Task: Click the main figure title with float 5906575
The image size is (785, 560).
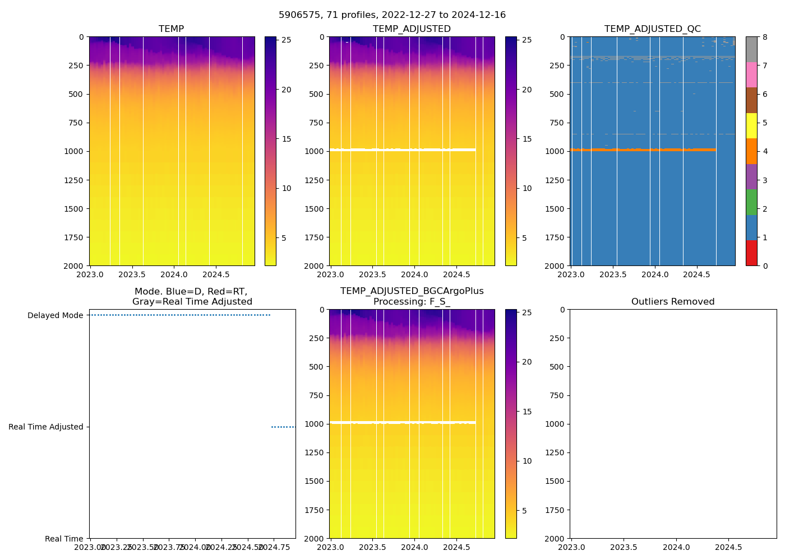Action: click(x=392, y=15)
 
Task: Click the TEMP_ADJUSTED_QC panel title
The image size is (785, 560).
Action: click(x=652, y=29)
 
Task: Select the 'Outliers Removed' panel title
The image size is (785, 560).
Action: click(x=673, y=302)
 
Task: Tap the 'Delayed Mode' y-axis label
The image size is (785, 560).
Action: click(x=55, y=316)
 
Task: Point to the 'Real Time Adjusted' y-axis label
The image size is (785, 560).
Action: click(x=45, y=427)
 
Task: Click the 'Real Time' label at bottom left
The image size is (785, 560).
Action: click(x=64, y=539)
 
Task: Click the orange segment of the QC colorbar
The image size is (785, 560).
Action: click(x=751, y=151)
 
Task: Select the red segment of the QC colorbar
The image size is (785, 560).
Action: click(x=751, y=253)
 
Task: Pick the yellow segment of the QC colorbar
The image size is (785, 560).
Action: click(x=751, y=125)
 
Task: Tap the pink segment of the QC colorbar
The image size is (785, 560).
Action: click(x=751, y=74)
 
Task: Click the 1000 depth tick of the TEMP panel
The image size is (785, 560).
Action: click(x=74, y=152)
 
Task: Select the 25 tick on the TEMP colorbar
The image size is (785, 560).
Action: click(x=286, y=40)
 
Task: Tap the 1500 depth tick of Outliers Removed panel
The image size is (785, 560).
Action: click(x=555, y=482)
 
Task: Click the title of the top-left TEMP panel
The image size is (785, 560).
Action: click(x=171, y=29)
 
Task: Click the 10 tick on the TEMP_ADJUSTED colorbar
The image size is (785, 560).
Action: click(x=527, y=189)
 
